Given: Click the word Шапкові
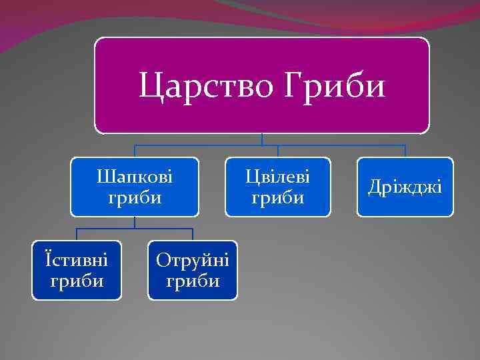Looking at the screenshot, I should click(135, 177).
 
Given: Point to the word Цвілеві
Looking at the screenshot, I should click(277, 177).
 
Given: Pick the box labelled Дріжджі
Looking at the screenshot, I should click(405, 187).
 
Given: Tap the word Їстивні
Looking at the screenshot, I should click(77, 259).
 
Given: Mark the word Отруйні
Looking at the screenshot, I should click(193, 260).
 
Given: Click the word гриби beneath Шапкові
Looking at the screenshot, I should click(135, 198).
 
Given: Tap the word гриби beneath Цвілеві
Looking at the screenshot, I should click(277, 198).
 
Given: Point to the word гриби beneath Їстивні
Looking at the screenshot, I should click(77, 281).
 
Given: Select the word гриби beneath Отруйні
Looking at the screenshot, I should click(193, 281).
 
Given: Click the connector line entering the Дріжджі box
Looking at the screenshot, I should click(405, 151).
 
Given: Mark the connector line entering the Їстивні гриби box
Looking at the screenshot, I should click(77, 234).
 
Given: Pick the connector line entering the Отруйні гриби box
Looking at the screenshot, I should click(193, 234).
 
